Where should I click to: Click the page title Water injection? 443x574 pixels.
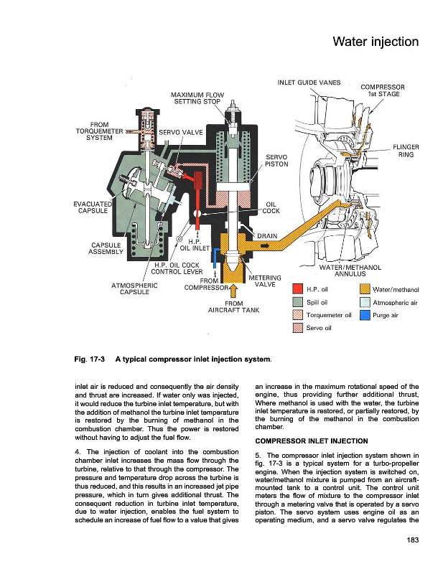pos(375,42)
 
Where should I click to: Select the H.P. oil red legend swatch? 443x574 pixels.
pos(297,289)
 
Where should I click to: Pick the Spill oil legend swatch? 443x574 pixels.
pos(297,302)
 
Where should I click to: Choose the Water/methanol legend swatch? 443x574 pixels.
pos(364,289)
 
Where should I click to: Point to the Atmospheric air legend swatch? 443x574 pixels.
pos(364,302)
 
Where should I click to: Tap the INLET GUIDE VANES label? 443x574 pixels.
pos(309,82)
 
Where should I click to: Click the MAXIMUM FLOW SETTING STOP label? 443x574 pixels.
pos(197,98)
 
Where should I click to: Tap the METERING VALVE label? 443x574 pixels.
pos(264,281)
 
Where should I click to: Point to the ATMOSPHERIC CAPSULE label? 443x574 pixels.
pos(134,288)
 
